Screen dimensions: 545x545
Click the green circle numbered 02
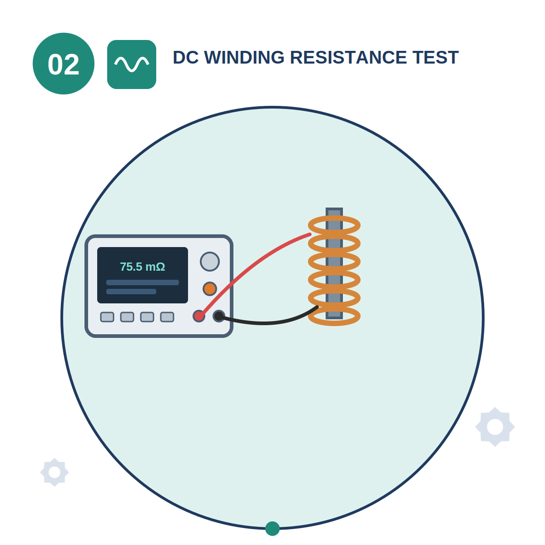pos(63,63)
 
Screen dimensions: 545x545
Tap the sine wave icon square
pos(132,64)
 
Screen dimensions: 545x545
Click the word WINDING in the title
pos(244,57)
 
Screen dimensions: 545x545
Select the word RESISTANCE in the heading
pos(349,57)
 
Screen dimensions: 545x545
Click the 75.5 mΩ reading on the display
pos(142,267)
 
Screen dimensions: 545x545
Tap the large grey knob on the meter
pos(209,261)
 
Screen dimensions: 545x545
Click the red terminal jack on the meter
pos(199,316)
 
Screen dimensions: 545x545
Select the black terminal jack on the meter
pos(219,316)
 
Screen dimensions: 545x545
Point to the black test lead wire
pos(266,322)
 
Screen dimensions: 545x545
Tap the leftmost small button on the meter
pos(107,317)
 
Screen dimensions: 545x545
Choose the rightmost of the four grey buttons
pos(167,317)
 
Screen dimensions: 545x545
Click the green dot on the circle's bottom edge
pos(272,529)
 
